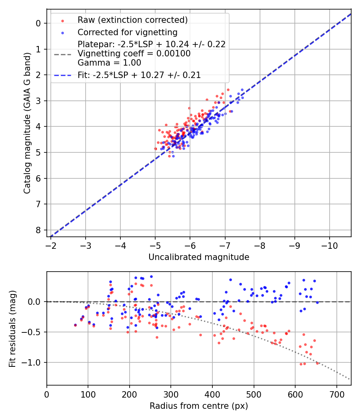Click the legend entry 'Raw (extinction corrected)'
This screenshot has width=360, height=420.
pos(132,20)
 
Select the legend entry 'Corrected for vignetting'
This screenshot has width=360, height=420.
pos(128,32)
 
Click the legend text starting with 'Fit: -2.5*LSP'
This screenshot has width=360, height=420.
pos(139,75)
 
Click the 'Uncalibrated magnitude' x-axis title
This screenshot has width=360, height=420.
pos(199,257)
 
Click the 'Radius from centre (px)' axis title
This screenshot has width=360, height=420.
pos(199,406)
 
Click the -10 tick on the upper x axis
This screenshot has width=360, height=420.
pos(329,245)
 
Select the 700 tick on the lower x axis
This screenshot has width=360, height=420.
pos(336,394)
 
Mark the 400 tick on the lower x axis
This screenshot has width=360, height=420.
pos(212,394)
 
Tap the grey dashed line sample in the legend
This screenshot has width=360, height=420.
pos(62,54)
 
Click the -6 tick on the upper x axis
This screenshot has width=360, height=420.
pos(190,245)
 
